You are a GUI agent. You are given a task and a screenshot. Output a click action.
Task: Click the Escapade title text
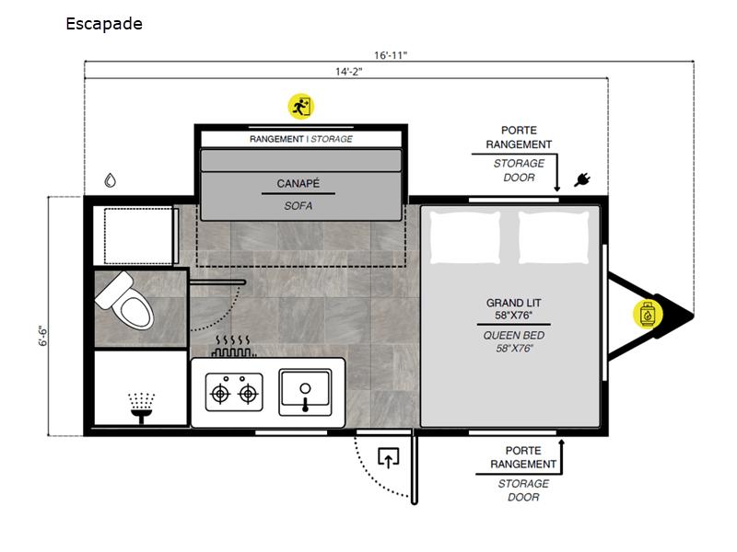coord(104,24)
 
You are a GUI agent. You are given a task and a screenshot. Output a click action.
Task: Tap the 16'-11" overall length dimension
coord(390,55)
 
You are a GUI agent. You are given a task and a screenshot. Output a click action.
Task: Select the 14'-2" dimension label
coord(348,72)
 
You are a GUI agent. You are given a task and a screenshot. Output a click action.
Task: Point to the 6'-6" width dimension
coord(42,336)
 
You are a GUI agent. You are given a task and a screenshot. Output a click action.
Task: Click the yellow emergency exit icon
coord(301,107)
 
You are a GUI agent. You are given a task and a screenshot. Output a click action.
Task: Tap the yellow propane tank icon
coord(648,314)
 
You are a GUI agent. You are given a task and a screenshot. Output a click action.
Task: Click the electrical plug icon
coord(582,179)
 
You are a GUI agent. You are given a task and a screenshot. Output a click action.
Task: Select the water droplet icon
coord(110,180)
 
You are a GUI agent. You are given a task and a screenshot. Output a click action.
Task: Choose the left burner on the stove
coord(220,394)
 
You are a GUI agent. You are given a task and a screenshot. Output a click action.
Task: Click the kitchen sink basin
coord(305,393)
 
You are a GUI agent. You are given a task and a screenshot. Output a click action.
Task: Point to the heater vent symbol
coord(233,346)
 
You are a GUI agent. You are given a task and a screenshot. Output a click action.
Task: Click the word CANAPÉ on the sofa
coord(298,183)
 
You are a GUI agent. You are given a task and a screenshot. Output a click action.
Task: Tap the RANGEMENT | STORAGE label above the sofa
coord(301,139)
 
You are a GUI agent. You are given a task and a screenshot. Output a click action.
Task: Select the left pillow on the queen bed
coord(465,237)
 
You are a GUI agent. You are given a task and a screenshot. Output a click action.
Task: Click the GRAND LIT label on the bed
coord(513,303)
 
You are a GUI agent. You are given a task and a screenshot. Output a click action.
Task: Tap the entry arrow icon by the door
coord(388,458)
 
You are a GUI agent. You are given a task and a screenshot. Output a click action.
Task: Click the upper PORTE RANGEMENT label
coord(519,137)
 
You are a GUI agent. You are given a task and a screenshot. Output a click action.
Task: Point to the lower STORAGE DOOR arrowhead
coord(561,443)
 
